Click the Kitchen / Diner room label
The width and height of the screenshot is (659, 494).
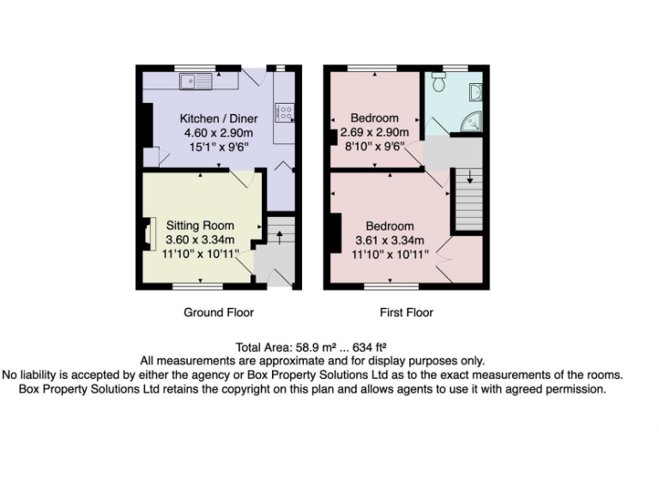pos(217,118)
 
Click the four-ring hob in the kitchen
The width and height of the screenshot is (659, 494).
pos(283,111)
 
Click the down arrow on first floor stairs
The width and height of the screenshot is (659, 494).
pos(469,180)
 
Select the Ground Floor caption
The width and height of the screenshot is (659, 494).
pos(218,312)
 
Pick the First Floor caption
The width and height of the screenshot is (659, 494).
pos(406,312)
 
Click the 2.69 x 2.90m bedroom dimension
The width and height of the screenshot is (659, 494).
pos(374,132)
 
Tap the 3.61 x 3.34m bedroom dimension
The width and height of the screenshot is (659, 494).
pos(390,241)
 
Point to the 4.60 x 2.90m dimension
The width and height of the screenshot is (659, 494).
pos(218,133)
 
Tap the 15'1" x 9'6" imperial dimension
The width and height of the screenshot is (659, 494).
pos(218,147)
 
